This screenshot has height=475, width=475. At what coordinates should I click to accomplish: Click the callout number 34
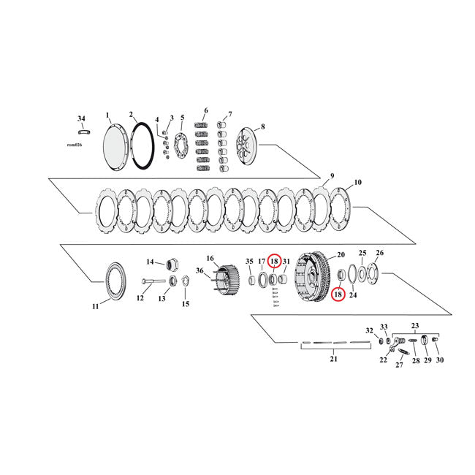coord(81,118)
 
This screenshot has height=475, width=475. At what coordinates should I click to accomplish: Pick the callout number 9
coord(331,176)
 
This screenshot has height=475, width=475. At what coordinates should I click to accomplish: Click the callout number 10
coord(358,182)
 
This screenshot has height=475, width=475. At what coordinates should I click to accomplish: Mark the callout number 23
coord(416,325)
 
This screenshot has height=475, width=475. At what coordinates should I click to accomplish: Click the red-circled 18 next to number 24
coord(338,294)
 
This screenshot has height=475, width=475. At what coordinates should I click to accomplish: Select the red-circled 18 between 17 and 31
coord(274,261)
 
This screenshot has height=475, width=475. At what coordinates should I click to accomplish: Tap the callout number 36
coord(199,270)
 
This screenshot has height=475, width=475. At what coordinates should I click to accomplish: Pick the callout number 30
coord(440,360)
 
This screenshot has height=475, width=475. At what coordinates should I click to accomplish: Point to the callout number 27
coord(400,365)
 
